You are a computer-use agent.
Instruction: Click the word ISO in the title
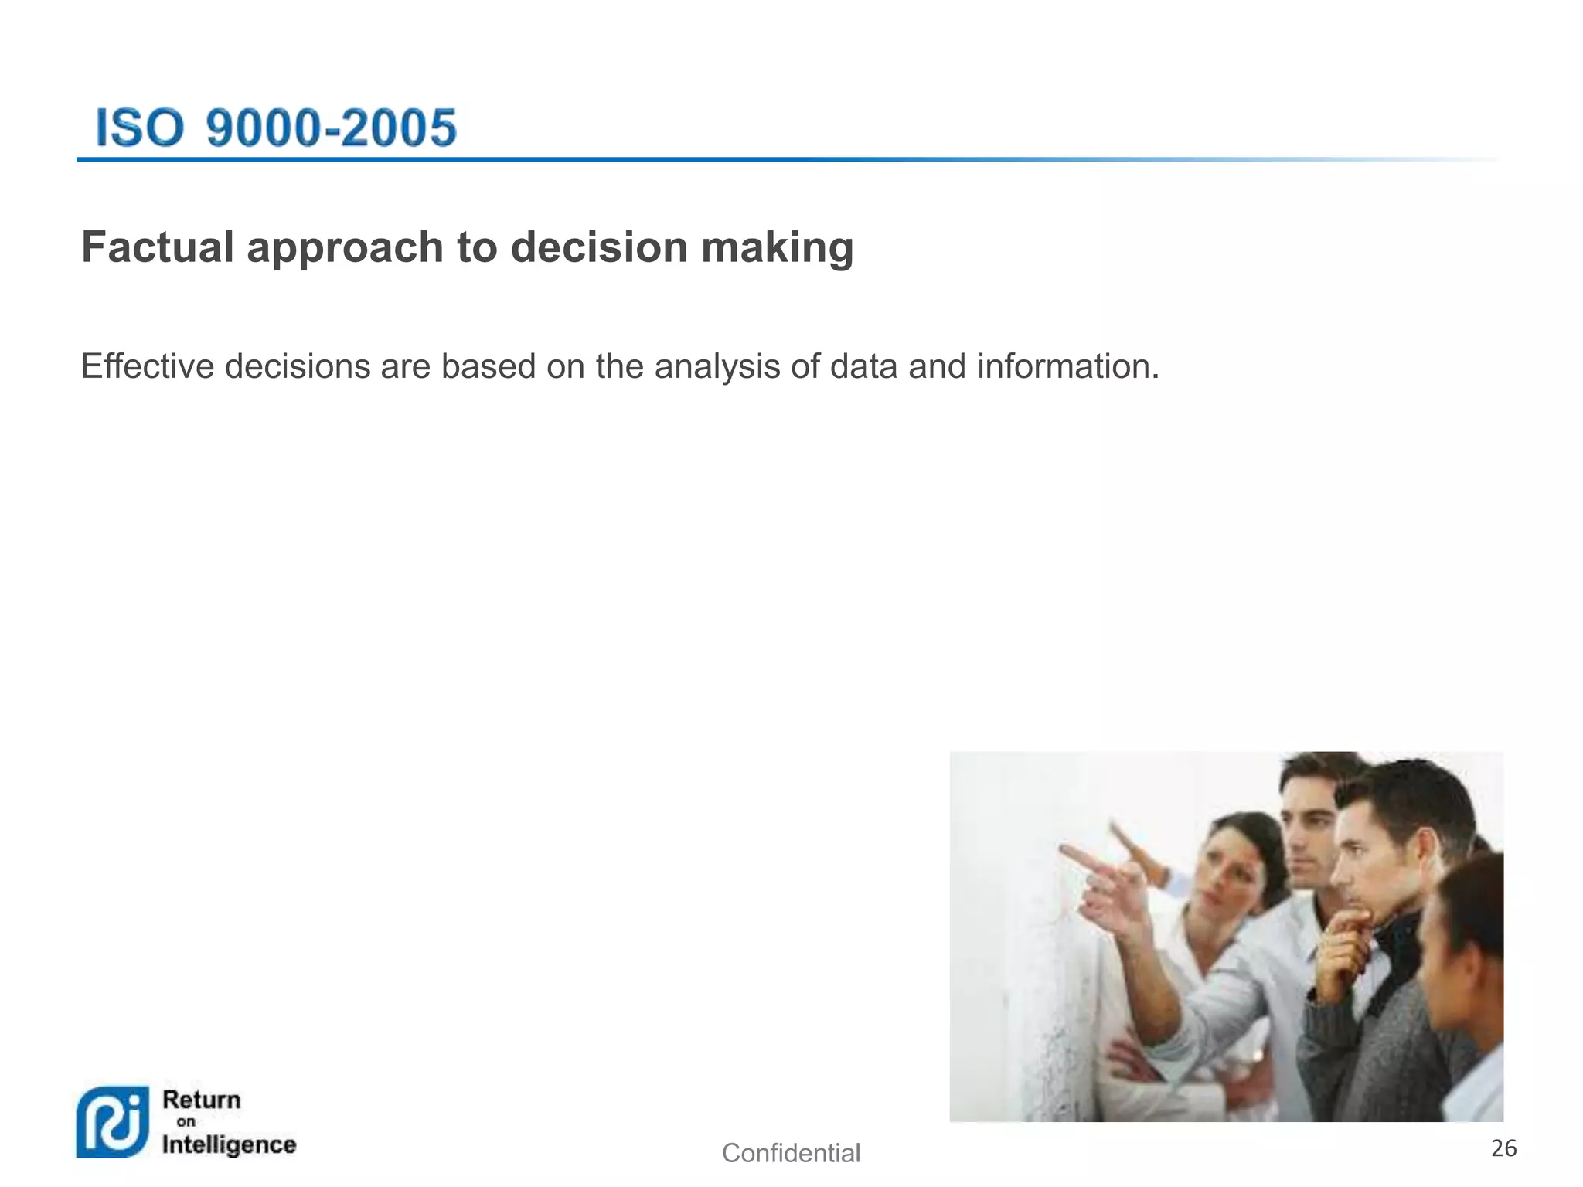pos(139,128)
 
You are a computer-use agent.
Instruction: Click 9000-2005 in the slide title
pos(332,128)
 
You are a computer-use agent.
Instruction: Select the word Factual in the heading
pos(158,247)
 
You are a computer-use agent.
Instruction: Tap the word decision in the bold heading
pos(599,247)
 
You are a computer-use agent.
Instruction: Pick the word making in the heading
pos(777,249)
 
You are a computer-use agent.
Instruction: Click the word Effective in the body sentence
pos(147,366)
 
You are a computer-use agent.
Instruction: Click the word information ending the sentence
pos(1067,366)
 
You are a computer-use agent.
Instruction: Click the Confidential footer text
pos(791,1153)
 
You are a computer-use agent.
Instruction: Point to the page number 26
pos(1503,1148)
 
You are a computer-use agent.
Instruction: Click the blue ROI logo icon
pos(113,1121)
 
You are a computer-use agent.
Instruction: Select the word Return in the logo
pos(202,1099)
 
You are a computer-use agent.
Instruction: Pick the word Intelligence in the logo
pos(229,1144)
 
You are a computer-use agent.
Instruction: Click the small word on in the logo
pos(186,1121)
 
